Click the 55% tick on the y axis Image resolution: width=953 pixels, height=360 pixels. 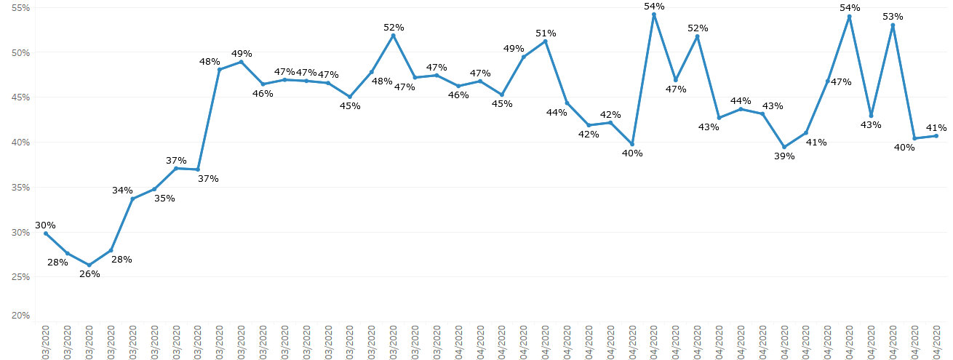(20, 8)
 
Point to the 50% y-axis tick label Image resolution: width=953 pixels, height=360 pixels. (20, 53)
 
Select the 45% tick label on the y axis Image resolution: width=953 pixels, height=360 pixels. (20, 97)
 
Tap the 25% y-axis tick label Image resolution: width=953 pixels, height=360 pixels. (20, 277)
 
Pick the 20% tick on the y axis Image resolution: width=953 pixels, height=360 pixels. (20, 316)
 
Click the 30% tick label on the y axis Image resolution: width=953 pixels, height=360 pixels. (20, 232)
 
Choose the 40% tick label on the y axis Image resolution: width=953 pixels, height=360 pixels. (20, 143)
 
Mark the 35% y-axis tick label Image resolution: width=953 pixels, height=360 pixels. (20, 188)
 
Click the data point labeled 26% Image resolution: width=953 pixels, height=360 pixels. (89, 265)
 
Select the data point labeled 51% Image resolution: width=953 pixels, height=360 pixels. (546, 41)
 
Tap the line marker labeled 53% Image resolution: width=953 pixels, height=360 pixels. (893, 25)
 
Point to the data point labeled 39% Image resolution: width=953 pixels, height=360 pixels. (784, 147)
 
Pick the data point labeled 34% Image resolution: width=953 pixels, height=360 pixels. (132, 199)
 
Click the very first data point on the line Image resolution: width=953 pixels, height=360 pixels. (46, 233)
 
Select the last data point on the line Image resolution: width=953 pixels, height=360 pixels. (936, 136)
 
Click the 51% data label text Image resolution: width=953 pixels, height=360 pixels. (546, 33)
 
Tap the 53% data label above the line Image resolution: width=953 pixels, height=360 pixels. (893, 16)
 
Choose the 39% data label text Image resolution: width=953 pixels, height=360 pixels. (784, 156)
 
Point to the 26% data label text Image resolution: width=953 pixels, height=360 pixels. (89, 274)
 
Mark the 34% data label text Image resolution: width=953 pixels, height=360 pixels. (122, 191)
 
